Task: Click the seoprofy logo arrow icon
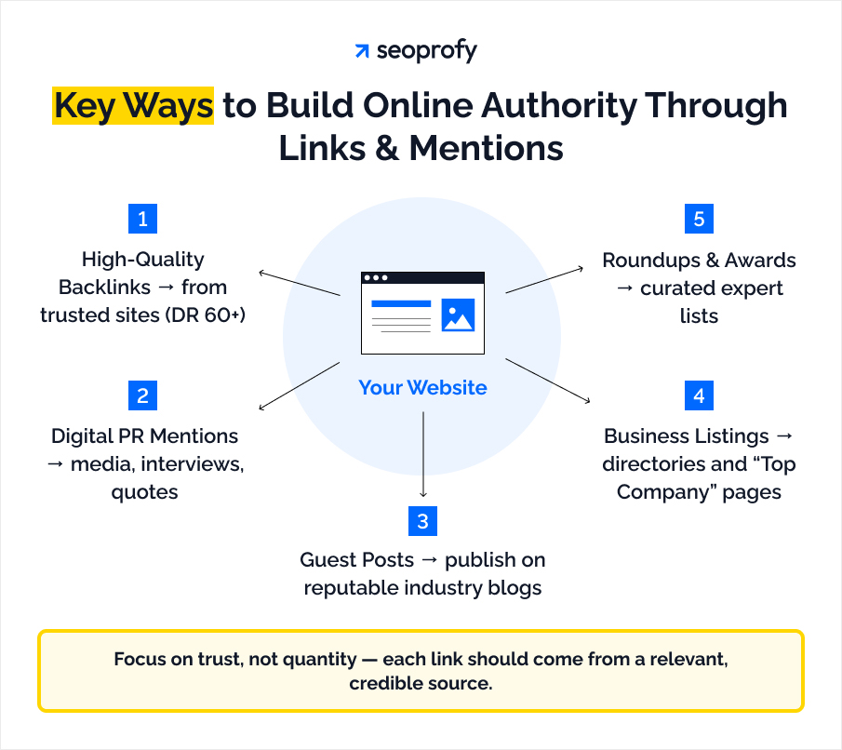[x=362, y=51]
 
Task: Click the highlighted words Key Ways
[x=133, y=106]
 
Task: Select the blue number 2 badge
[x=142, y=395]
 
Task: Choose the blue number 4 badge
[x=699, y=395]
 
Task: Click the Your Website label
[x=422, y=387]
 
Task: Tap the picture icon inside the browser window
[x=458, y=315]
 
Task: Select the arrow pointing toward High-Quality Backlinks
[x=298, y=283]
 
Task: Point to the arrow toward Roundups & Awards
[x=545, y=279]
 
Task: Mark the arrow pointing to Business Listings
[x=548, y=382]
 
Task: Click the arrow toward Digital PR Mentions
[x=298, y=385]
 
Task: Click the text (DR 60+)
[x=213, y=315]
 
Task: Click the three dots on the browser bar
[x=376, y=277]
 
